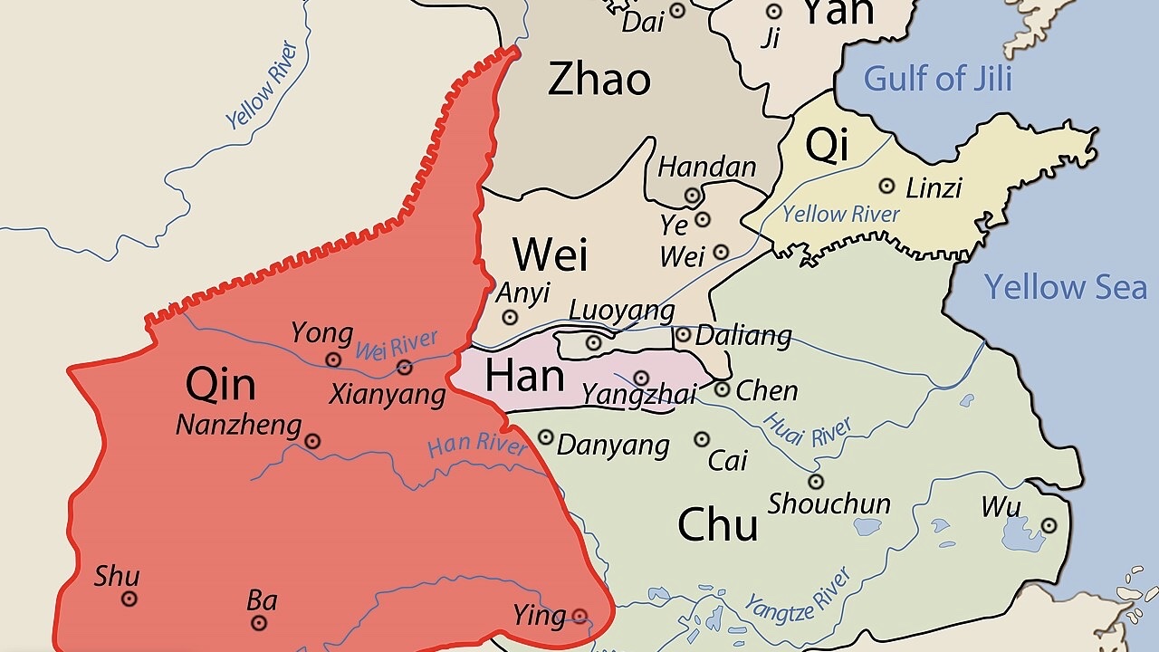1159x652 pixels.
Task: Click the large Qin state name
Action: (x=220, y=385)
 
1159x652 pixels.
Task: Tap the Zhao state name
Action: (x=599, y=80)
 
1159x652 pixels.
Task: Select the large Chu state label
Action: (x=717, y=524)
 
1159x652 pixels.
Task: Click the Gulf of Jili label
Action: (x=937, y=79)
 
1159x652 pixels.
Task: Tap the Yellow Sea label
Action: (x=1066, y=287)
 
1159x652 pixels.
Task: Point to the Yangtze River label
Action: (x=798, y=590)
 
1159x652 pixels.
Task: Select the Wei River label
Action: (x=397, y=345)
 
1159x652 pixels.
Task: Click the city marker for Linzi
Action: (x=887, y=186)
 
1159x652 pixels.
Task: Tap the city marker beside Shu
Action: (x=129, y=599)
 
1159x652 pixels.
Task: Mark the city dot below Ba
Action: (x=260, y=623)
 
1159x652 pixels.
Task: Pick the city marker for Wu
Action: (x=1049, y=525)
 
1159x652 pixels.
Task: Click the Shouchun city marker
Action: (x=816, y=482)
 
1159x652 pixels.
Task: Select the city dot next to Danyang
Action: (x=546, y=437)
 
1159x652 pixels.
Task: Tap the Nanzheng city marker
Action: (x=312, y=441)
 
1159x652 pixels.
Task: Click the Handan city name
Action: (x=706, y=168)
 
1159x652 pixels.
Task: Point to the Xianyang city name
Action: (x=387, y=395)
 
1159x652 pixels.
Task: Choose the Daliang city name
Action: (x=743, y=337)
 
